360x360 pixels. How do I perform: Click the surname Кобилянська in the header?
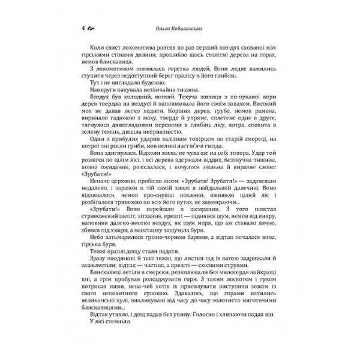point(193,28)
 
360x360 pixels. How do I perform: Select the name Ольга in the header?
point(166,28)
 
